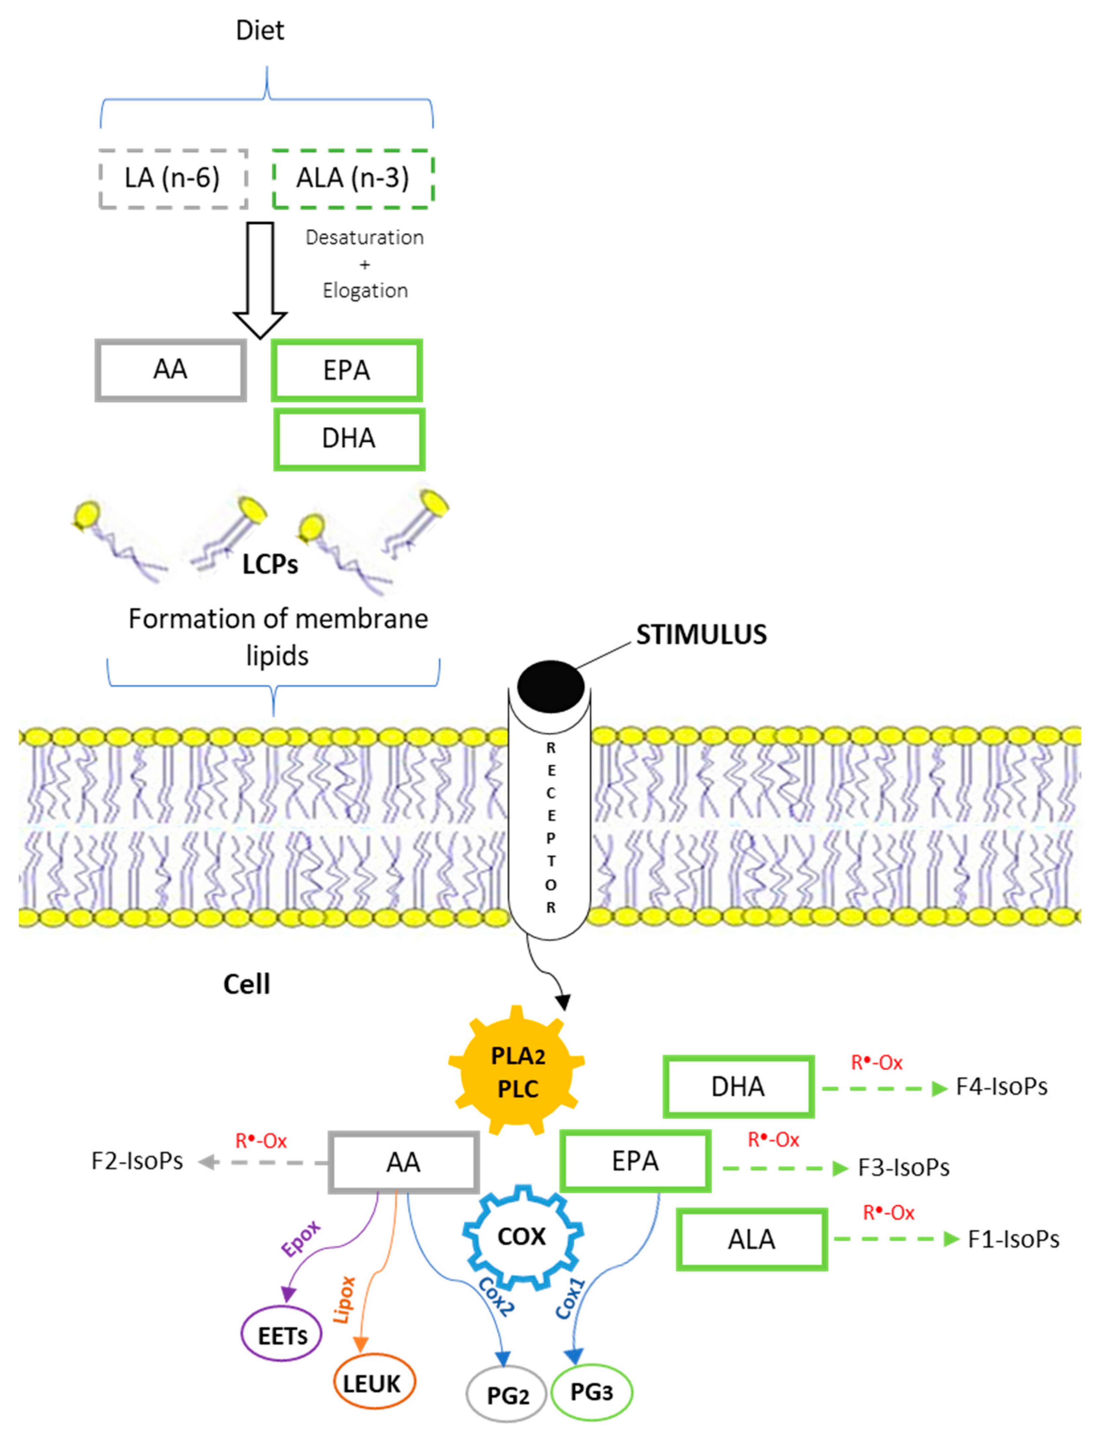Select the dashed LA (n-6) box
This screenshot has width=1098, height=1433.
pyautogui.click(x=172, y=178)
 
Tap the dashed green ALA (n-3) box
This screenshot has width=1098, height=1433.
pyautogui.click(x=353, y=178)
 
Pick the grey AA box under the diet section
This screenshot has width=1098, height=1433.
pyautogui.click(x=170, y=370)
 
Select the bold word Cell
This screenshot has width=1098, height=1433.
pyautogui.click(x=246, y=984)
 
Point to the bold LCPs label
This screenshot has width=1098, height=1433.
pyautogui.click(x=270, y=564)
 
